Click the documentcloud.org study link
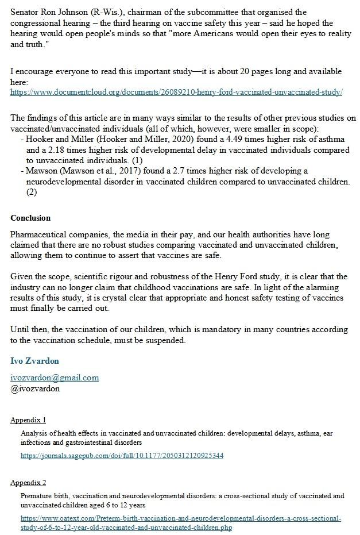[x=176, y=92]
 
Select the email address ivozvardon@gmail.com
[x=55, y=378]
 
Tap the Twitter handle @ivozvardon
[x=35, y=388]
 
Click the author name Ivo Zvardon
[x=34, y=361]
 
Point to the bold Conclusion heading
[x=30, y=218]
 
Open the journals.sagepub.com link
[x=122, y=456]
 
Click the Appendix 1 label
[x=28, y=420]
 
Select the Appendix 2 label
[x=28, y=482]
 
